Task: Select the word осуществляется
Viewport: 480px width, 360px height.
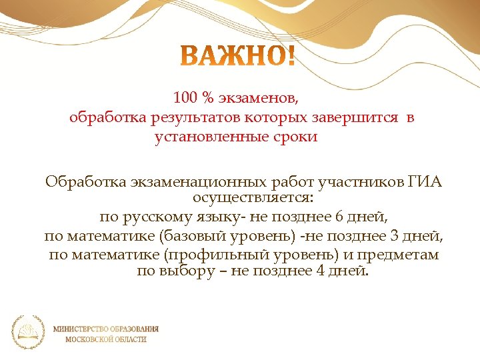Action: pyautogui.click(x=254, y=198)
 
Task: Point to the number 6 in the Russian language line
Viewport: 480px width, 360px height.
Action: pyautogui.click(x=339, y=217)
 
